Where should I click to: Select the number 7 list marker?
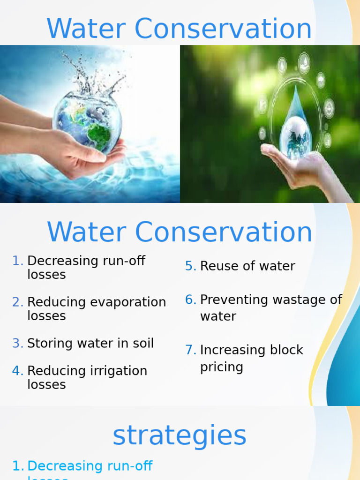tap(190, 350)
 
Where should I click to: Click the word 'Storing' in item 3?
tap(48, 344)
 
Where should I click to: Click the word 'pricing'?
tap(221, 367)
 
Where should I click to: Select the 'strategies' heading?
tap(180, 435)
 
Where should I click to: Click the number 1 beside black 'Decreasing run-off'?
tap(18, 261)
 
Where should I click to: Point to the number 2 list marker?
tap(18, 302)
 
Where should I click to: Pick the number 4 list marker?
tap(18, 371)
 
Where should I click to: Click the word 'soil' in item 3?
tap(142, 344)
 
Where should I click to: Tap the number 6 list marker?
tap(190, 300)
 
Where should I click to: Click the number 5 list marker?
tap(190, 266)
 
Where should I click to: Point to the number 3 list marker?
tap(18, 344)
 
